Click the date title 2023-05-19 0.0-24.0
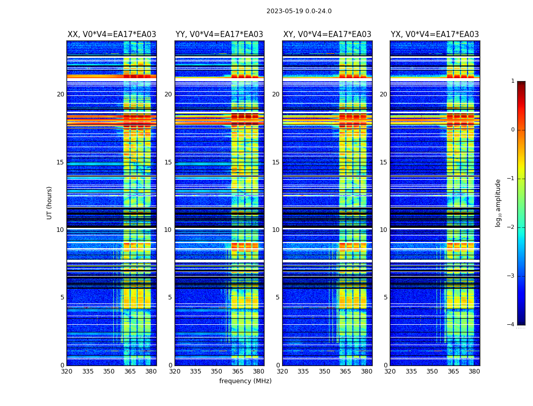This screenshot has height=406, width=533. pos(299,11)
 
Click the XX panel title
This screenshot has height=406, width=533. pos(112,35)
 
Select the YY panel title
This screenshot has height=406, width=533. pos(219,35)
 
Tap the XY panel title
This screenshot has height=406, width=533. pos(327,35)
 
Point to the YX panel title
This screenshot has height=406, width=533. pos(435,35)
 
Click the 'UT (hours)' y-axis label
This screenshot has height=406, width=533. pos(50,202)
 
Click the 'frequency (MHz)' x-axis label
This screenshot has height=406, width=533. pos(245,381)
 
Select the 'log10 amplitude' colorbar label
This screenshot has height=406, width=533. pos(498,202)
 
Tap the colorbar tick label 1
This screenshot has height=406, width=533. pos(513,81)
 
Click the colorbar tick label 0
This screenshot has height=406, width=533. pos(513,130)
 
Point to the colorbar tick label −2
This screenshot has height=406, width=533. pos(511,227)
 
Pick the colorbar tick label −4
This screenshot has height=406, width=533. pos(511,325)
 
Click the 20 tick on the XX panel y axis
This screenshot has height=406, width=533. pos(60,94)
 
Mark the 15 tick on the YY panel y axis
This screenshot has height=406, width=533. pos(168,162)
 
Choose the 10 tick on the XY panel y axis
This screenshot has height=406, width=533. pos(276,230)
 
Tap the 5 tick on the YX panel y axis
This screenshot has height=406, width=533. pos(386,297)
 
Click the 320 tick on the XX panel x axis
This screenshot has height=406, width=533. pos(66,371)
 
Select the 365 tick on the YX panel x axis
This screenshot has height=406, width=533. pos(453,371)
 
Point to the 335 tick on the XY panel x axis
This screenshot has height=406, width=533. pos(304,371)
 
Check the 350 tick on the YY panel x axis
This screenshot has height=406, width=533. pos(217,371)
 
